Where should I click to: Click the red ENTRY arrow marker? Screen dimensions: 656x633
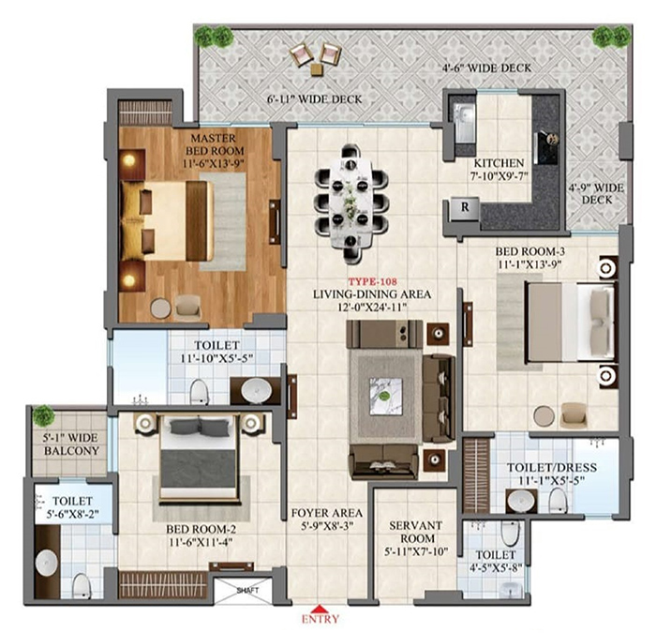point(321,609)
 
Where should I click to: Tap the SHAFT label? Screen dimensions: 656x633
point(247,591)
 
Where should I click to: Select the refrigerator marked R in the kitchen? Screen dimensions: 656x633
point(465,208)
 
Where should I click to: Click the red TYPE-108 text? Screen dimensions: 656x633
point(373,281)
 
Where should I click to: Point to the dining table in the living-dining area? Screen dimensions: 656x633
point(350,203)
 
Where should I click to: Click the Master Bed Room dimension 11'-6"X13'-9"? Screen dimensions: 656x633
point(214,164)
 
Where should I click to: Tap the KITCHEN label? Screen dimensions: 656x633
point(499,163)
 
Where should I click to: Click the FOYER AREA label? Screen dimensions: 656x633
point(327,513)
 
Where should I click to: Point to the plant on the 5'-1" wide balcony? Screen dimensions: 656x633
point(43,415)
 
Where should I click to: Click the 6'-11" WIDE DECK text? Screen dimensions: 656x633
point(315,99)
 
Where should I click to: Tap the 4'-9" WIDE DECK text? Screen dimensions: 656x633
point(596,194)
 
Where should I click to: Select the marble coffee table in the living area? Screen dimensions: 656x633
point(386,396)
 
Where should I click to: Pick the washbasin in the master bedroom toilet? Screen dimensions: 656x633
point(256,390)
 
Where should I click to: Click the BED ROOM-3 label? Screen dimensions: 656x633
point(530,251)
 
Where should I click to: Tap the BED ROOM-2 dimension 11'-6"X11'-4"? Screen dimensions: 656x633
point(201,542)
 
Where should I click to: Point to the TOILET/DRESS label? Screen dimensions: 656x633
point(552,468)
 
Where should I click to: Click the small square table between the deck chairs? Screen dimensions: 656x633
point(317,69)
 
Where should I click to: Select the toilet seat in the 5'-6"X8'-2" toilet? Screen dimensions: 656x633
point(82,585)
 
